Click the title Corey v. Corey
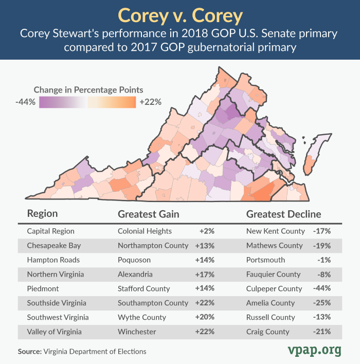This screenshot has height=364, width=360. pyautogui.click(x=180, y=15)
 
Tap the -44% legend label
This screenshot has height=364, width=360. pyautogui.click(x=25, y=102)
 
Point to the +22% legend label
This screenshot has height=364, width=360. pyautogui.click(x=150, y=102)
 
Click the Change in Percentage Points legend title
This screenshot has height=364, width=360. pyautogui.click(x=88, y=89)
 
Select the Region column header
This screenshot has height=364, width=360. pyautogui.click(x=42, y=214)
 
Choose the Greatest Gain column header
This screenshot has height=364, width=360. pyautogui.click(x=148, y=214)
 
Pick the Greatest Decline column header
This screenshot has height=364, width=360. pyautogui.click(x=283, y=214)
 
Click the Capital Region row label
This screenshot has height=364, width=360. pyautogui.click(x=51, y=231)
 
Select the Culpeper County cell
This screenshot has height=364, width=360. pyautogui.click(x=274, y=288)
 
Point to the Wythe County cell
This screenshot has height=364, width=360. pyautogui.click(x=142, y=317)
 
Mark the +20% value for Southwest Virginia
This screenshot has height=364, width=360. pyautogui.click(x=205, y=317)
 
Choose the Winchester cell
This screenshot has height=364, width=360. pyautogui.click(x=137, y=332)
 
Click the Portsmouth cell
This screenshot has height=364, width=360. pyautogui.click(x=265, y=260)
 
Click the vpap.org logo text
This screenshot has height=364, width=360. pyautogui.click(x=313, y=350)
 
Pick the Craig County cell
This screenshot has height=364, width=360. pyautogui.click(x=268, y=332)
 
